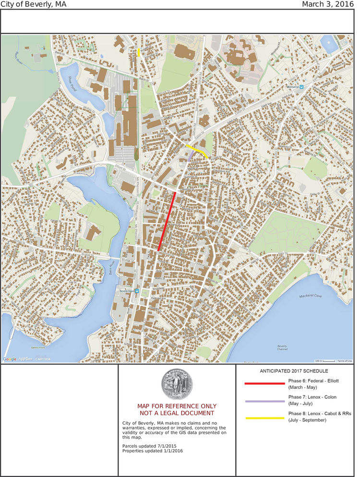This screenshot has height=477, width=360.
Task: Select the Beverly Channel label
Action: pyautogui.click(x=282, y=347)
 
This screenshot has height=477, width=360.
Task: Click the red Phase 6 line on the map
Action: pyautogui.click(x=167, y=221)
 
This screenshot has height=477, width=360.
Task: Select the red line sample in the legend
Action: pyautogui.click(x=264, y=383)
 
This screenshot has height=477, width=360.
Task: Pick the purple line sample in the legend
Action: pyautogui.click(x=264, y=401)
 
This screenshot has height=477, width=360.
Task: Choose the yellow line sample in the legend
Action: pyautogui.click(x=264, y=418)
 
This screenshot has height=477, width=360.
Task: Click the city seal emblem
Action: pyautogui.click(x=176, y=384)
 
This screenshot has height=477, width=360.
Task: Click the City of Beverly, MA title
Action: pyautogui.click(x=34, y=4)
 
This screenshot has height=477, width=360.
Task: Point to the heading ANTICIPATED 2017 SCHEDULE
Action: pyautogui.click(x=294, y=371)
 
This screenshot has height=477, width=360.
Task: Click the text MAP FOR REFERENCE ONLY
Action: pyautogui.click(x=177, y=406)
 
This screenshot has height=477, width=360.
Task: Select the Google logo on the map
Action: pyautogui.click(x=10, y=359)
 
